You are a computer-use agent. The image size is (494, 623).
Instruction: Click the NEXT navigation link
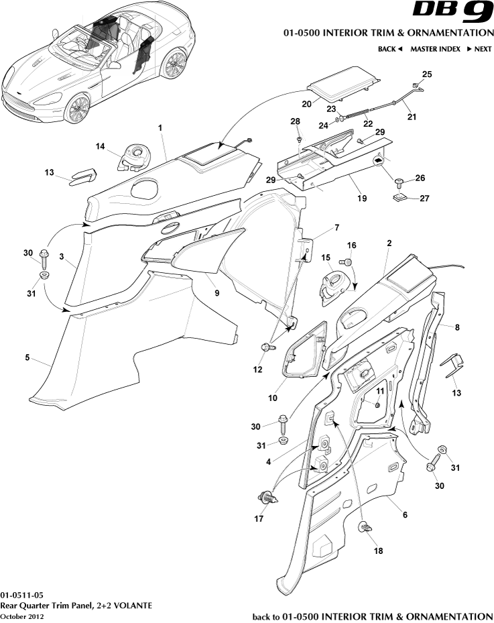tap(479, 49)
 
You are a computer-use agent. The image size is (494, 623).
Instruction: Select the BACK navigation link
tap(389, 49)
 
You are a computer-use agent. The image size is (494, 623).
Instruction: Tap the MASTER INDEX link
tap(435, 49)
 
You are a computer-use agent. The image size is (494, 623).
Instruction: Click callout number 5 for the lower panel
tap(27, 358)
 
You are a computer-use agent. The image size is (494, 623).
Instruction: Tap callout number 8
tap(456, 328)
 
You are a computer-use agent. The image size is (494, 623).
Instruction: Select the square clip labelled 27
tap(401, 197)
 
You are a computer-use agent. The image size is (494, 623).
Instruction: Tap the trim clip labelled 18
tap(366, 528)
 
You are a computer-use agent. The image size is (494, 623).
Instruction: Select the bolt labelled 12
tap(267, 347)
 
